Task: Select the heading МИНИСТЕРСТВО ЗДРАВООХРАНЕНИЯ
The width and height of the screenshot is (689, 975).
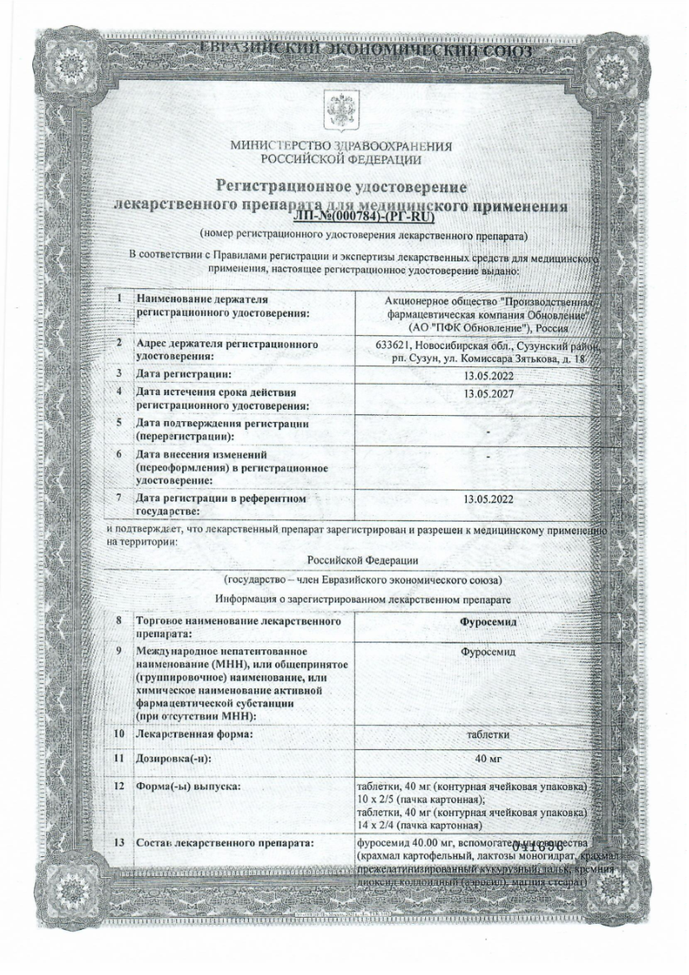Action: click(x=342, y=146)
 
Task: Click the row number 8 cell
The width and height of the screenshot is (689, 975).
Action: click(x=118, y=622)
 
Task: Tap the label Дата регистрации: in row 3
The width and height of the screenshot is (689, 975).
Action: click(x=184, y=374)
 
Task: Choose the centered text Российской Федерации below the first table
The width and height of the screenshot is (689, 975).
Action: click(x=363, y=561)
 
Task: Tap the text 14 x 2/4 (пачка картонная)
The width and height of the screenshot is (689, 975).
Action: click(x=419, y=825)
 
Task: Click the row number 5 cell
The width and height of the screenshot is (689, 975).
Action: click(x=118, y=424)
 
